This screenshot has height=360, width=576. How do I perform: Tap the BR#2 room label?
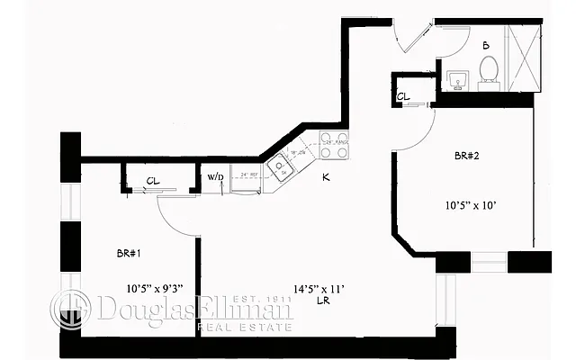tap(465, 157)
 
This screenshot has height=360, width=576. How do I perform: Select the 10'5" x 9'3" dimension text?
tap(155, 289)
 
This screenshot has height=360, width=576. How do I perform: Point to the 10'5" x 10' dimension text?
tap(469, 205)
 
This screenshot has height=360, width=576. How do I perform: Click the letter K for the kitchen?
tap(326, 177)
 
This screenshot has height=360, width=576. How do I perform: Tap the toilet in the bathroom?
tap(490, 69)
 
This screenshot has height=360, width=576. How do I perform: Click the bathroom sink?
tap(456, 79)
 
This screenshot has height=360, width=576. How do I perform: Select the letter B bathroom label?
tap(485, 44)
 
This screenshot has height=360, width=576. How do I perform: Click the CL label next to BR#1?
tap(153, 182)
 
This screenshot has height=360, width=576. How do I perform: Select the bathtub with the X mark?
tap(525, 54)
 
